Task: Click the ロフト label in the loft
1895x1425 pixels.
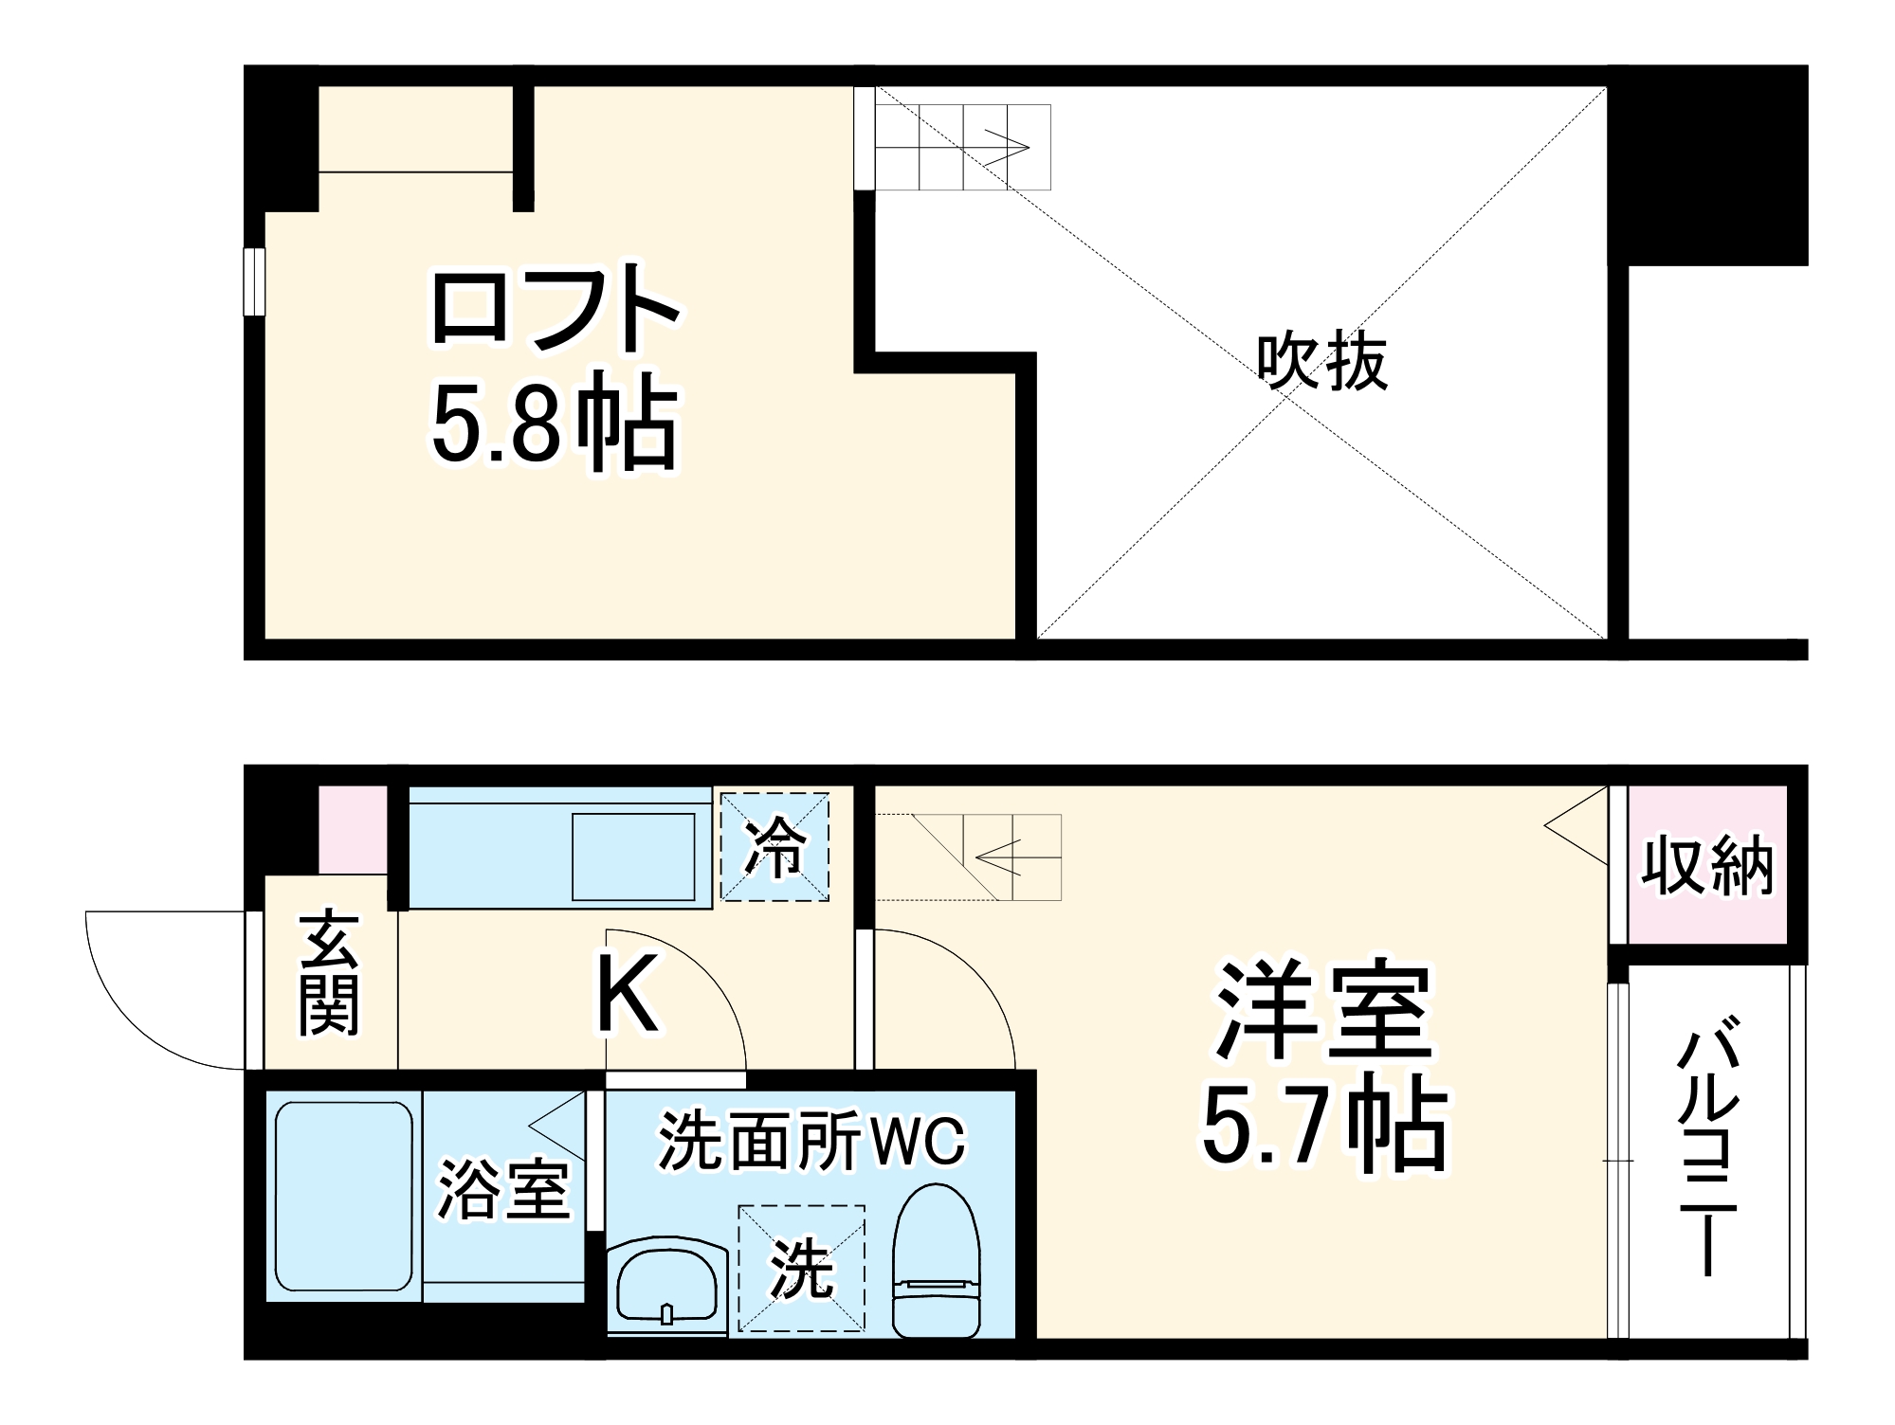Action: coord(556,308)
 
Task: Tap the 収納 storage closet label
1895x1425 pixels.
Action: coord(1707,865)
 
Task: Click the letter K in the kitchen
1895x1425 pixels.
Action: coord(627,994)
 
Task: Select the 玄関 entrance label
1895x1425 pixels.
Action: coord(329,974)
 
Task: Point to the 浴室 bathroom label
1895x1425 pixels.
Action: coord(502,1190)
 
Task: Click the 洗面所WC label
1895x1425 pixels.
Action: coord(811,1141)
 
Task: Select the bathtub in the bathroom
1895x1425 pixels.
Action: coord(343,1196)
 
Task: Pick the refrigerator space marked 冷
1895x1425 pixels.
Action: coord(775,846)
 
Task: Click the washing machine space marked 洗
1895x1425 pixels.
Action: coord(802,1269)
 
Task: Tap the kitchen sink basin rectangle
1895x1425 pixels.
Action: coord(633,857)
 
